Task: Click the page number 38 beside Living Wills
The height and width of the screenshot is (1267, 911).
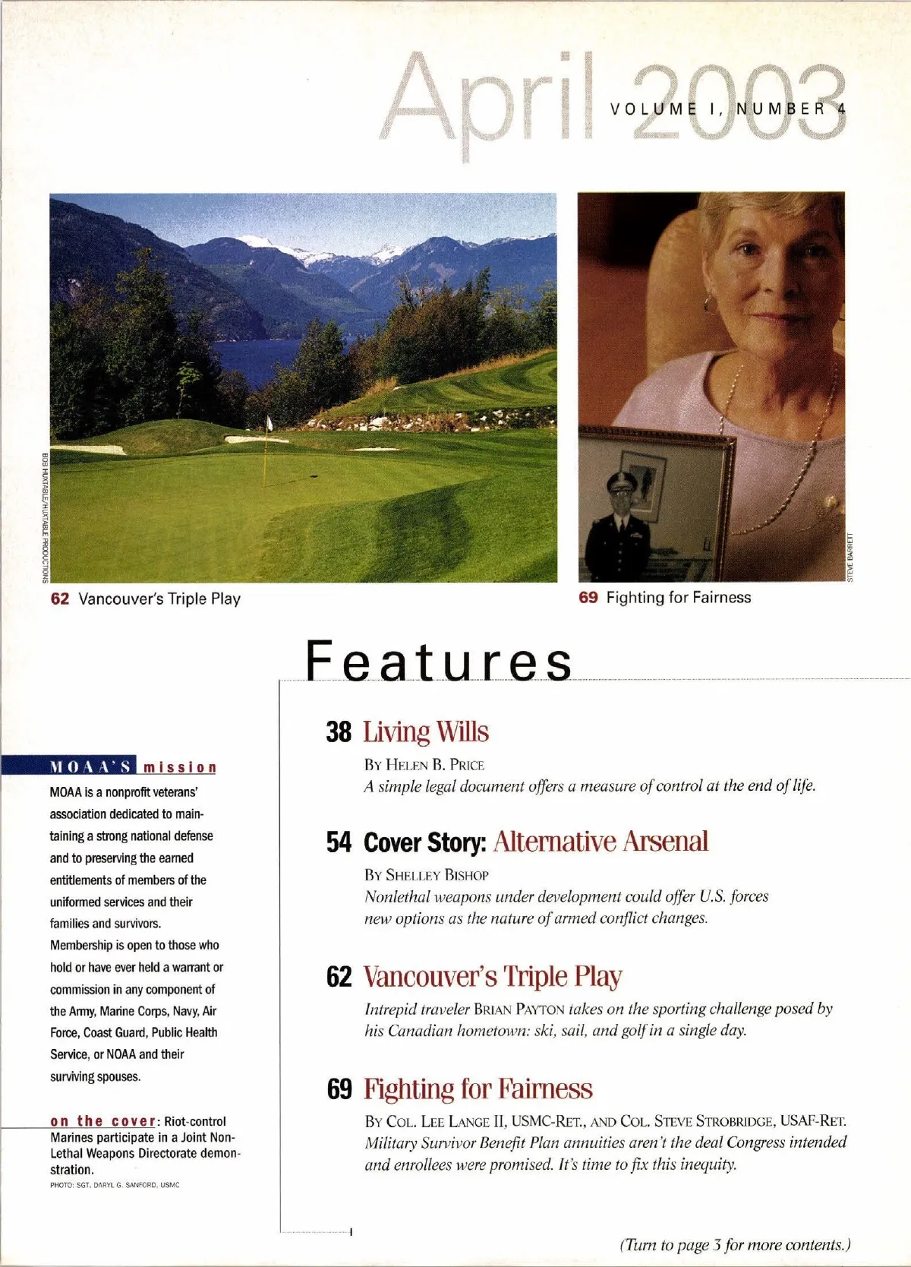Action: tap(339, 732)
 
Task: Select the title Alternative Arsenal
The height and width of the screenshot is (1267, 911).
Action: tap(601, 842)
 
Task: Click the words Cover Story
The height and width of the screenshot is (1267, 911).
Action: tap(424, 842)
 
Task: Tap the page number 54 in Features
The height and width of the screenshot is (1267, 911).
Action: tap(339, 842)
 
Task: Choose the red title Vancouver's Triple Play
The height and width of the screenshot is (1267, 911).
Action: tap(493, 976)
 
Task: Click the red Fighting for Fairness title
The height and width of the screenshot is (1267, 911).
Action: tap(478, 1088)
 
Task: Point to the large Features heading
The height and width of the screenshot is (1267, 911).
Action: tap(439, 661)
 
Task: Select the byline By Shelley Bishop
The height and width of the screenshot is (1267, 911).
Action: tap(427, 875)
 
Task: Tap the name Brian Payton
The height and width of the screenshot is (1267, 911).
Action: tap(519, 1009)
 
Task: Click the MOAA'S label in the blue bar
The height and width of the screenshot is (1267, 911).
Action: tap(90, 766)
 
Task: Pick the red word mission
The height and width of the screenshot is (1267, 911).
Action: tap(180, 767)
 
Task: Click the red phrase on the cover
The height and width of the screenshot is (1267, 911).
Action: tap(103, 1121)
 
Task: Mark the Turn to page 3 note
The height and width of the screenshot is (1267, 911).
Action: tap(735, 1245)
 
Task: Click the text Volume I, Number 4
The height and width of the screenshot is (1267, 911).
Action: tap(727, 109)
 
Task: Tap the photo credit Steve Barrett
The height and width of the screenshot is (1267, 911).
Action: tap(850, 558)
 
